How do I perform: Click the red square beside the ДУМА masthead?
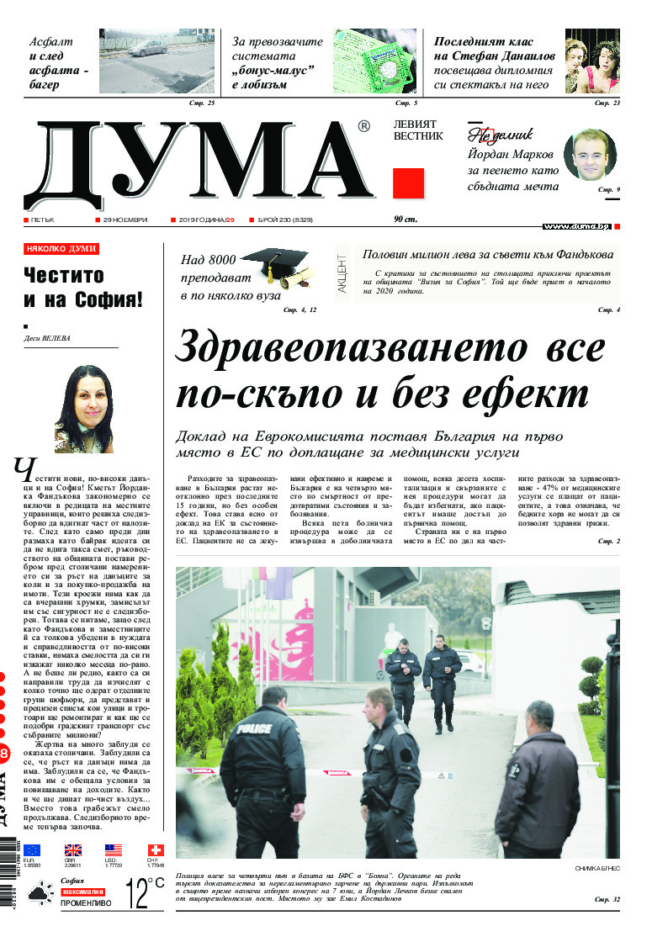(x=408, y=183)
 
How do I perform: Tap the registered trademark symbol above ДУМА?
(x=363, y=127)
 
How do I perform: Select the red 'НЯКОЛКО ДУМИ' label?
(x=61, y=249)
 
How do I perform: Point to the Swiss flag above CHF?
(x=156, y=850)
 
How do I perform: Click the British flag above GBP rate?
(x=73, y=850)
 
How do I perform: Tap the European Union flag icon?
(x=32, y=850)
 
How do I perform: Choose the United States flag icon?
(x=114, y=850)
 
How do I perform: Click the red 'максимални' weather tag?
(x=82, y=892)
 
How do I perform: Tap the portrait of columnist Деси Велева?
(x=83, y=409)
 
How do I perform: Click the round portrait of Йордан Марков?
(x=590, y=155)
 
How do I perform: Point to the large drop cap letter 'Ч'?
(x=25, y=471)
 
